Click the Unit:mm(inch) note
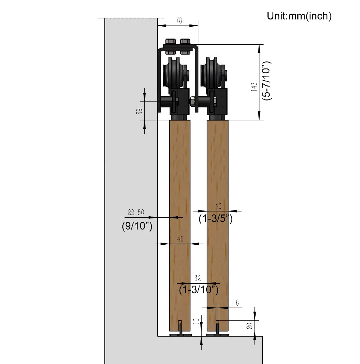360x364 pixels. click(x=299, y=16)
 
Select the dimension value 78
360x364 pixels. click(x=179, y=21)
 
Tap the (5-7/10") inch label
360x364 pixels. click(x=267, y=81)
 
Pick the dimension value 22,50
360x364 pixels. click(x=136, y=213)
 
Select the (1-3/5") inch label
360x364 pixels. click(x=215, y=218)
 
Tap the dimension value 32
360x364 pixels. click(x=198, y=278)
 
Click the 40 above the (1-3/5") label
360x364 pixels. click(x=218, y=206)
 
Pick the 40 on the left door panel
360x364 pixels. click(x=180, y=239)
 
